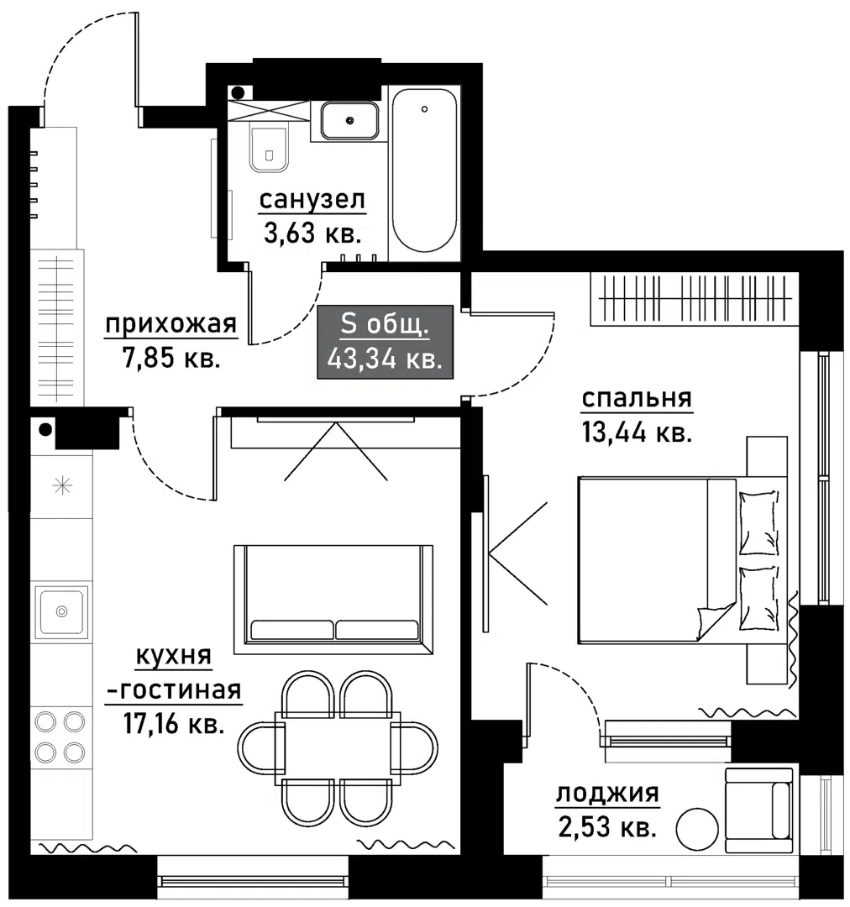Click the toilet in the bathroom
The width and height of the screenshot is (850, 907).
(x=269, y=148)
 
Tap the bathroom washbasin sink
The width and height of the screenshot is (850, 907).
(x=349, y=120)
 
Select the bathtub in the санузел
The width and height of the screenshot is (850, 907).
(x=424, y=170)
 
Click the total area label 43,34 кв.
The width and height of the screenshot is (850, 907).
(x=385, y=359)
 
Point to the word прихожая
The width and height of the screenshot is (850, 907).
(x=171, y=324)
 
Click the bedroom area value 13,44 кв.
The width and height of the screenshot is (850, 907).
(x=637, y=433)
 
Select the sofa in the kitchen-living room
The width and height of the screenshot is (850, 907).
(x=333, y=600)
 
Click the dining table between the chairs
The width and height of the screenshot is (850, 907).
(x=338, y=748)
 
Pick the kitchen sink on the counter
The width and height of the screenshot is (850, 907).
(x=61, y=611)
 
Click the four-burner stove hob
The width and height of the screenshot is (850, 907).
(x=60, y=737)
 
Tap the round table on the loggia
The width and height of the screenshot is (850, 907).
(x=697, y=829)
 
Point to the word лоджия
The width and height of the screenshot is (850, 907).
(x=607, y=794)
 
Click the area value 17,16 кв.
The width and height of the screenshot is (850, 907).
(x=174, y=724)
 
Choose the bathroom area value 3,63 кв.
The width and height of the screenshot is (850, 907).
(x=312, y=233)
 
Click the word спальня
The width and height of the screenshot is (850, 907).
(x=637, y=398)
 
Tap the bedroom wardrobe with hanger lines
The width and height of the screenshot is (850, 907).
(x=695, y=298)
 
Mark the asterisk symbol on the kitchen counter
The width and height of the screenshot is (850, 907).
(x=62, y=485)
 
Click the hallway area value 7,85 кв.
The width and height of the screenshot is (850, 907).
(x=171, y=358)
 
